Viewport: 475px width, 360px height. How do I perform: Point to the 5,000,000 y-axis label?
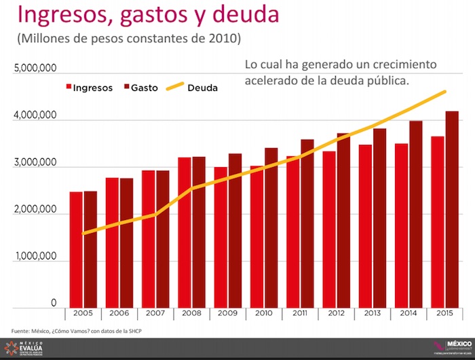(x=35, y=69)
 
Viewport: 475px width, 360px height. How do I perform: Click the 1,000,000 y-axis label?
(x=35, y=261)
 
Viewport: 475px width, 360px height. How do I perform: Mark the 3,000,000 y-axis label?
(x=35, y=164)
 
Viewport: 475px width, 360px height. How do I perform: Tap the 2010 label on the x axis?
(x=263, y=314)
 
